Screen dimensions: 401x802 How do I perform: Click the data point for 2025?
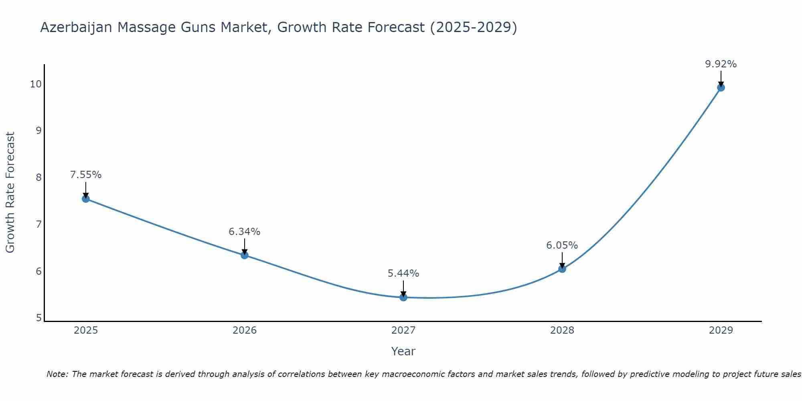[85, 198]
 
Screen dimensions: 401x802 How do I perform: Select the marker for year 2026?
[245, 255]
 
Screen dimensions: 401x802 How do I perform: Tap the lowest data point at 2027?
[403, 297]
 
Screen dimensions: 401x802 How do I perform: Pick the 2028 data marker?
[562, 269]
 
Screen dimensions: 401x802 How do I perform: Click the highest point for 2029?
[721, 87]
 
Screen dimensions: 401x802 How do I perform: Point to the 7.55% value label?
[86, 175]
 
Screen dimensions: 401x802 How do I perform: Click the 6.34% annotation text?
[245, 232]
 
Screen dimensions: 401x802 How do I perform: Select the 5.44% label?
[403, 273]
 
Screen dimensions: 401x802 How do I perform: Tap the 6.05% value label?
[562, 245]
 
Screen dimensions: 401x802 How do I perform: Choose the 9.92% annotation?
[721, 64]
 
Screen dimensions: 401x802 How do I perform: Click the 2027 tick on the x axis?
[403, 330]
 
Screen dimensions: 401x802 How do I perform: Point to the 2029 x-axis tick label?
[721, 330]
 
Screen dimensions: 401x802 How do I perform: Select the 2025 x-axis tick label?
[86, 330]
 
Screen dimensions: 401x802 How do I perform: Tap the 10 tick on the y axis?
[36, 84]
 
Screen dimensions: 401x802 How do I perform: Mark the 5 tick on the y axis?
[38, 318]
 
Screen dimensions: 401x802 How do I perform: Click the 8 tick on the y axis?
[38, 177]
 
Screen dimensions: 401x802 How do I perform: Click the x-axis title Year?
[403, 351]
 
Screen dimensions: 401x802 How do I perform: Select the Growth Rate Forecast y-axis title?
[10, 192]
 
